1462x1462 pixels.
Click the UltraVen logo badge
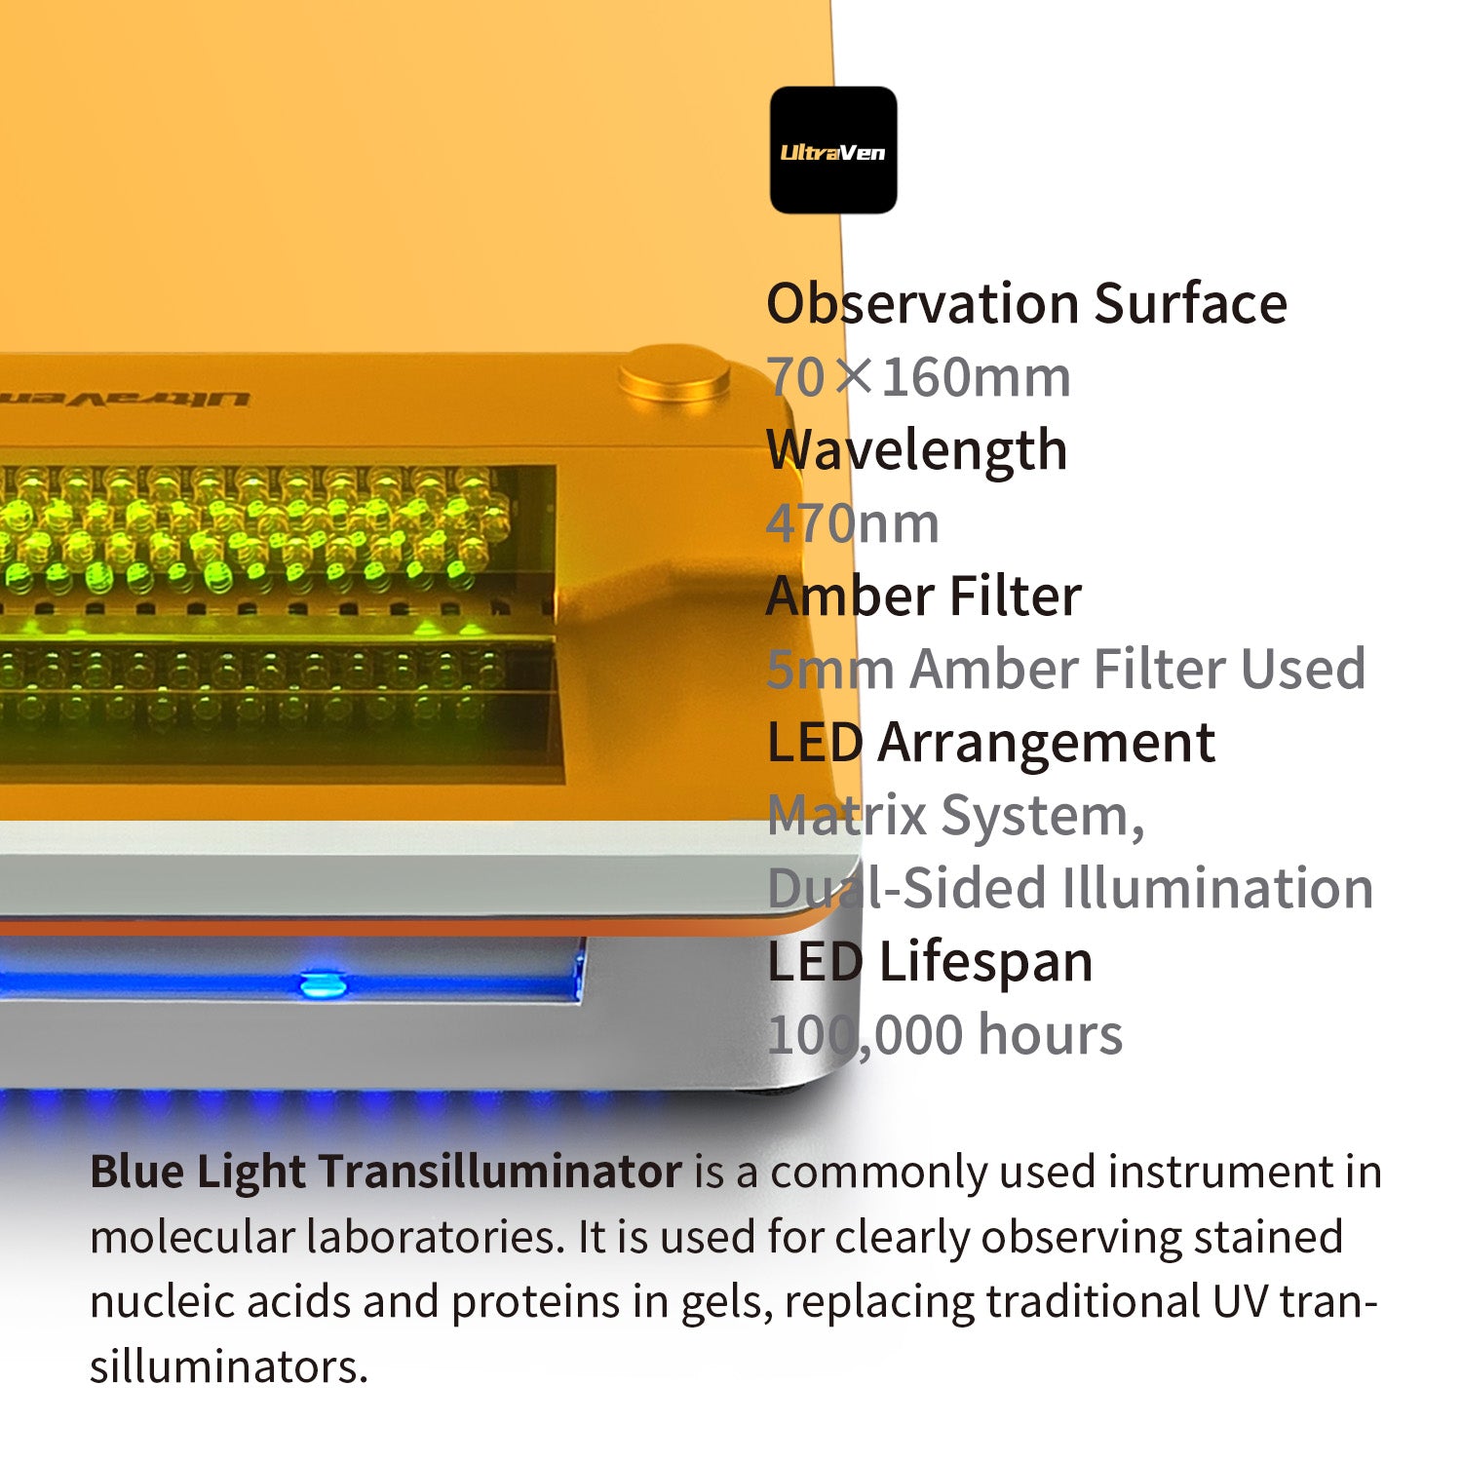tap(833, 150)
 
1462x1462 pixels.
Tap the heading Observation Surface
tap(1027, 303)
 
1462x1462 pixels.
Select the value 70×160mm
tap(918, 377)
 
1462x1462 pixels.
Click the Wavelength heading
tap(917, 450)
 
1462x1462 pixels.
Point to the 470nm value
tap(853, 523)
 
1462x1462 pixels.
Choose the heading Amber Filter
tap(924, 596)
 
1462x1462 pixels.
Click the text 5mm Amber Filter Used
tap(1066, 669)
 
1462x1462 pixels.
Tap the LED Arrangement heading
tap(991, 743)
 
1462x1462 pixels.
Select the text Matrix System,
tap(956, 816)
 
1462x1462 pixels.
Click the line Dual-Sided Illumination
tap(1070, 888)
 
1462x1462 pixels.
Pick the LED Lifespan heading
tap(930, 962)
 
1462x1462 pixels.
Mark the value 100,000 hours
tap(944, 1035)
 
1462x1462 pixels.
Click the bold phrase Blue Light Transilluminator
tap(386, 1172)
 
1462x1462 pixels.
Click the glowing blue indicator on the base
tap(324, 984)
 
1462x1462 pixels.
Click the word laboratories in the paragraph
tap(436, 1237)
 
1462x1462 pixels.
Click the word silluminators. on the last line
tap(229, 1366)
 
